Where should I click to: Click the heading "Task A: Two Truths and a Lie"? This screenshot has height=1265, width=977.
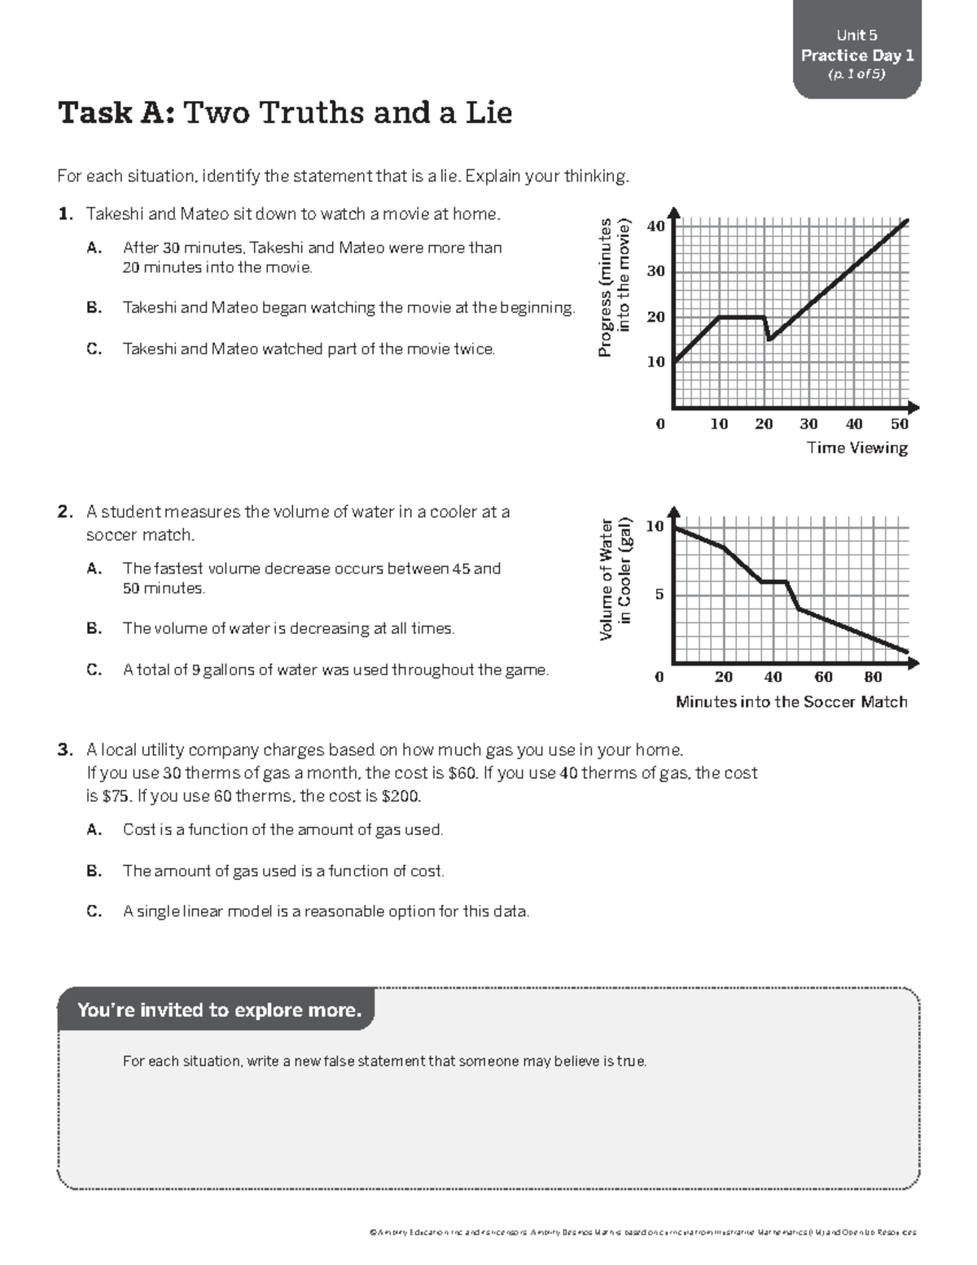point(285,113)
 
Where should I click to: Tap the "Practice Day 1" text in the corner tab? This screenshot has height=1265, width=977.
point(857,55)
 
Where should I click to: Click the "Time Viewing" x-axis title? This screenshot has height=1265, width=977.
point(857,447)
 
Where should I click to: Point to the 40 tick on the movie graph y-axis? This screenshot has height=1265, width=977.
point(656,226)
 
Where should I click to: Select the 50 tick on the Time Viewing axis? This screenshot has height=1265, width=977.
point(899,424)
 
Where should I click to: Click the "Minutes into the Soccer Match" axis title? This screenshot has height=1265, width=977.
point(791,702)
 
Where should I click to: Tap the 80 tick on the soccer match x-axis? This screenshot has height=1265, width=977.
point(873,677)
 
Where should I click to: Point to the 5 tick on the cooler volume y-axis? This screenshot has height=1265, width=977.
point(659,595)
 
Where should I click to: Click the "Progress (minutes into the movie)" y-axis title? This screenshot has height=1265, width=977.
point(614,287)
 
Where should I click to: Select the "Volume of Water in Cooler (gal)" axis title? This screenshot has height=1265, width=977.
point(615,578)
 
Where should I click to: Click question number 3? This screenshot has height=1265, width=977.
point(65,750)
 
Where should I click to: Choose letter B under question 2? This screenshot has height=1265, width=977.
point(94,629)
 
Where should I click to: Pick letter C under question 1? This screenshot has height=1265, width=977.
point(94,349)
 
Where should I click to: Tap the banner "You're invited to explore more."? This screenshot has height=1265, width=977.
point(218,1010)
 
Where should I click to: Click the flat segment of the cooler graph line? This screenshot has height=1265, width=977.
point(773,582)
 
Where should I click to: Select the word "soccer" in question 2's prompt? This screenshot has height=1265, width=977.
point(112,535)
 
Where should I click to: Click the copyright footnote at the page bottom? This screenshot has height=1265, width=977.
point(643,1232)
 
